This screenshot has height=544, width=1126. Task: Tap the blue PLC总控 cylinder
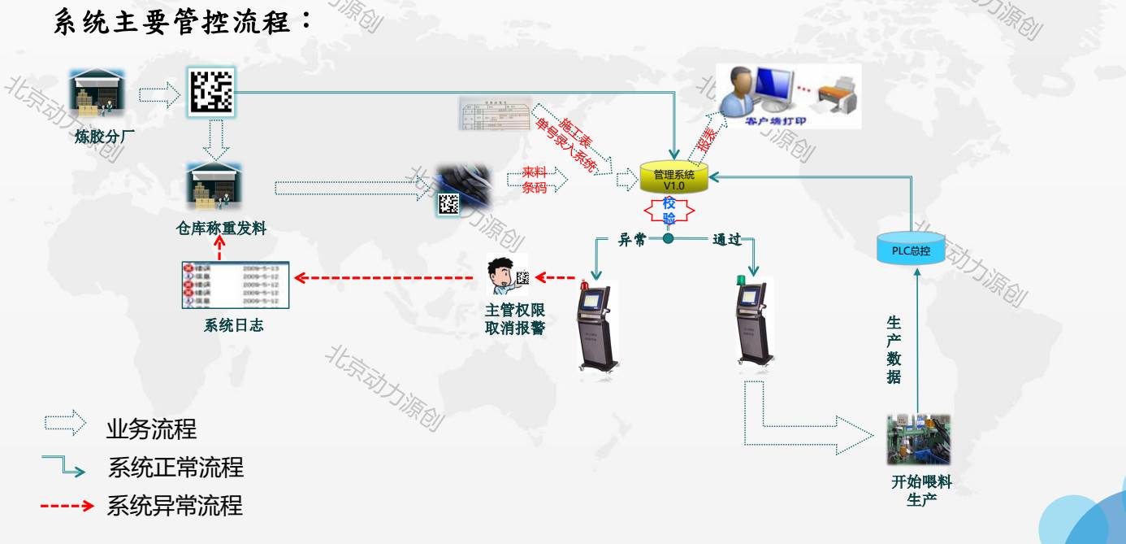click(911, 250)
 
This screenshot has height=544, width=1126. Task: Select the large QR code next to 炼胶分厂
click(210, 90)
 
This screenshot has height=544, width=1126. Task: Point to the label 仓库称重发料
click(221, 228)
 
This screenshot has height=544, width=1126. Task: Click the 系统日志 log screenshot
click(235, 285)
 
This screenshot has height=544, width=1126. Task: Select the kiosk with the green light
click(755, 321)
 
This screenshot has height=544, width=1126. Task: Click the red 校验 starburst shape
click(669, 211)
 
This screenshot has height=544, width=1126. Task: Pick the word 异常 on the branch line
click(632, 240)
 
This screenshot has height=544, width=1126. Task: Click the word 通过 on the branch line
click(726, 240)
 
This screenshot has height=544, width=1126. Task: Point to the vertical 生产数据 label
click(894, 350)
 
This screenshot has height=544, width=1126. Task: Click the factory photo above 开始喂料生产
click(918, 440)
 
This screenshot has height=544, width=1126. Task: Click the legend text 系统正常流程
click(175, 468)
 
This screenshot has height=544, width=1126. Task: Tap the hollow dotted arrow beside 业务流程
click(65, 423)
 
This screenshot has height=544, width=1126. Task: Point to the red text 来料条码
click(535, 180)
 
